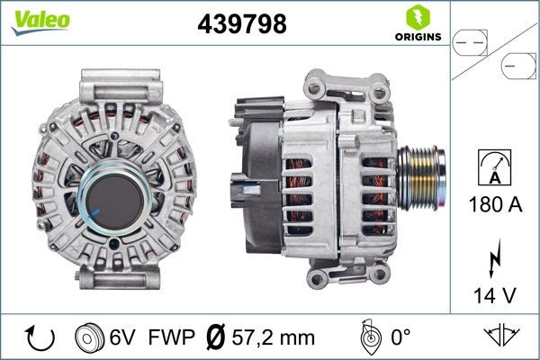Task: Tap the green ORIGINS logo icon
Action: click(x=417, y=16)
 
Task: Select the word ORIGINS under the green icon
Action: click(x=417, y=37)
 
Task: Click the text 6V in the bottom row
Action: click(x=123, y=337)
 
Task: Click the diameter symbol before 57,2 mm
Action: click(x=216, y=337)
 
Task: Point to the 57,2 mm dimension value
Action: click(x=273, y=337)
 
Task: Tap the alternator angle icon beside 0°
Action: click(x=367, y=337)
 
